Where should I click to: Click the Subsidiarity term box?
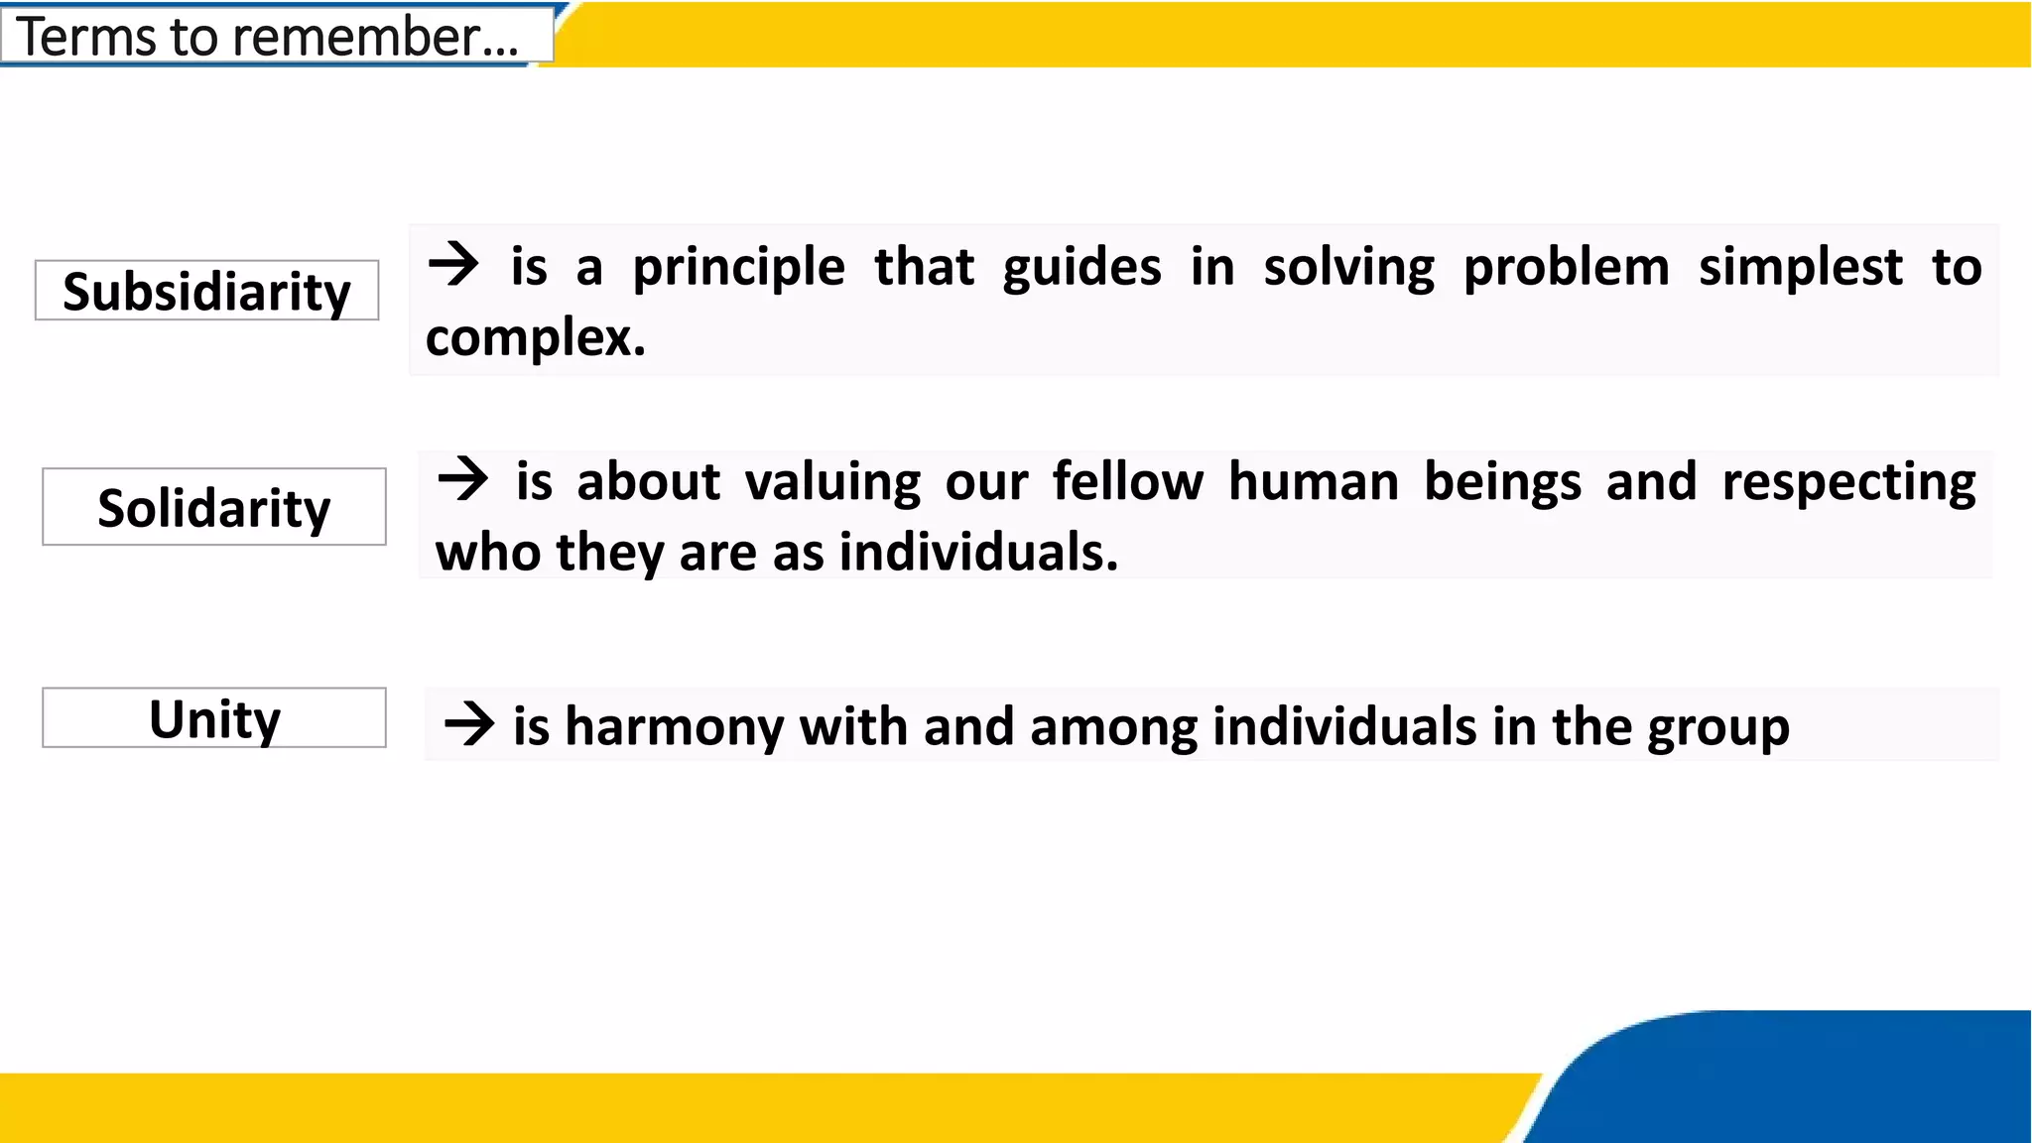pos(206,291)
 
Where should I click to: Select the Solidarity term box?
pos(213,507)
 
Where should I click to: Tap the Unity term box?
pos(213,718)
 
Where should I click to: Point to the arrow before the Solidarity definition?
pos(462,479)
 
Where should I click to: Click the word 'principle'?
pos(738,268)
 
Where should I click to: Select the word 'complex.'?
pos(536,338)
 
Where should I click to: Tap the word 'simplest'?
pos(1800,268)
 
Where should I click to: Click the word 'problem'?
pos(1566,268)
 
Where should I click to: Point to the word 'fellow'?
pos(1127,482)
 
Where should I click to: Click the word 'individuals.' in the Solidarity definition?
pos(978,552)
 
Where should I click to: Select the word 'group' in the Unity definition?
pos(1718,728)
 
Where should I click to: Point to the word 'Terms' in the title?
pos(87,37)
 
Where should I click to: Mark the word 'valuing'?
pos(832,483)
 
